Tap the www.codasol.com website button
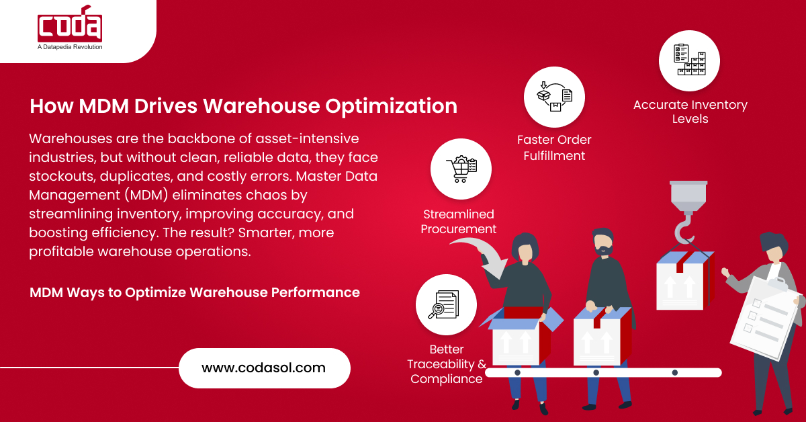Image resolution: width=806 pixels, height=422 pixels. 264,368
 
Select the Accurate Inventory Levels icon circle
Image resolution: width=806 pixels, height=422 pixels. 689,60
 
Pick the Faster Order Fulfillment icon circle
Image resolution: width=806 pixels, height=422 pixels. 554,96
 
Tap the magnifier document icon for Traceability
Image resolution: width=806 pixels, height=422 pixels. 446,304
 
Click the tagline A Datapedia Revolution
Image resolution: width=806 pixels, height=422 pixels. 70,47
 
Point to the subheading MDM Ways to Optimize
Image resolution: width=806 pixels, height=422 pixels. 195,292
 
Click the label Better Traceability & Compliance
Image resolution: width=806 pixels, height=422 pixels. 447,364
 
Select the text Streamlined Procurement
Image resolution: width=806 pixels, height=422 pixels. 459,222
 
